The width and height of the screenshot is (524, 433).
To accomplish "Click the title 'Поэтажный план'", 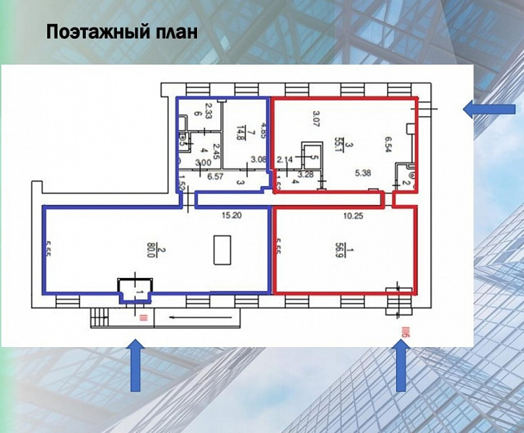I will (x=121, y=33).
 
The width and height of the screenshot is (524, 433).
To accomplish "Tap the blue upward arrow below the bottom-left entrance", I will (x=135, y=367).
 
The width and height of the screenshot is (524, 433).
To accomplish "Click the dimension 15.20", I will (x=231, y=215).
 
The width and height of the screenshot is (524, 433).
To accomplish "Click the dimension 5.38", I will (x=362, y=174).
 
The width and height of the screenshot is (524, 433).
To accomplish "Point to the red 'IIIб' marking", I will (x=405, y=332).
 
